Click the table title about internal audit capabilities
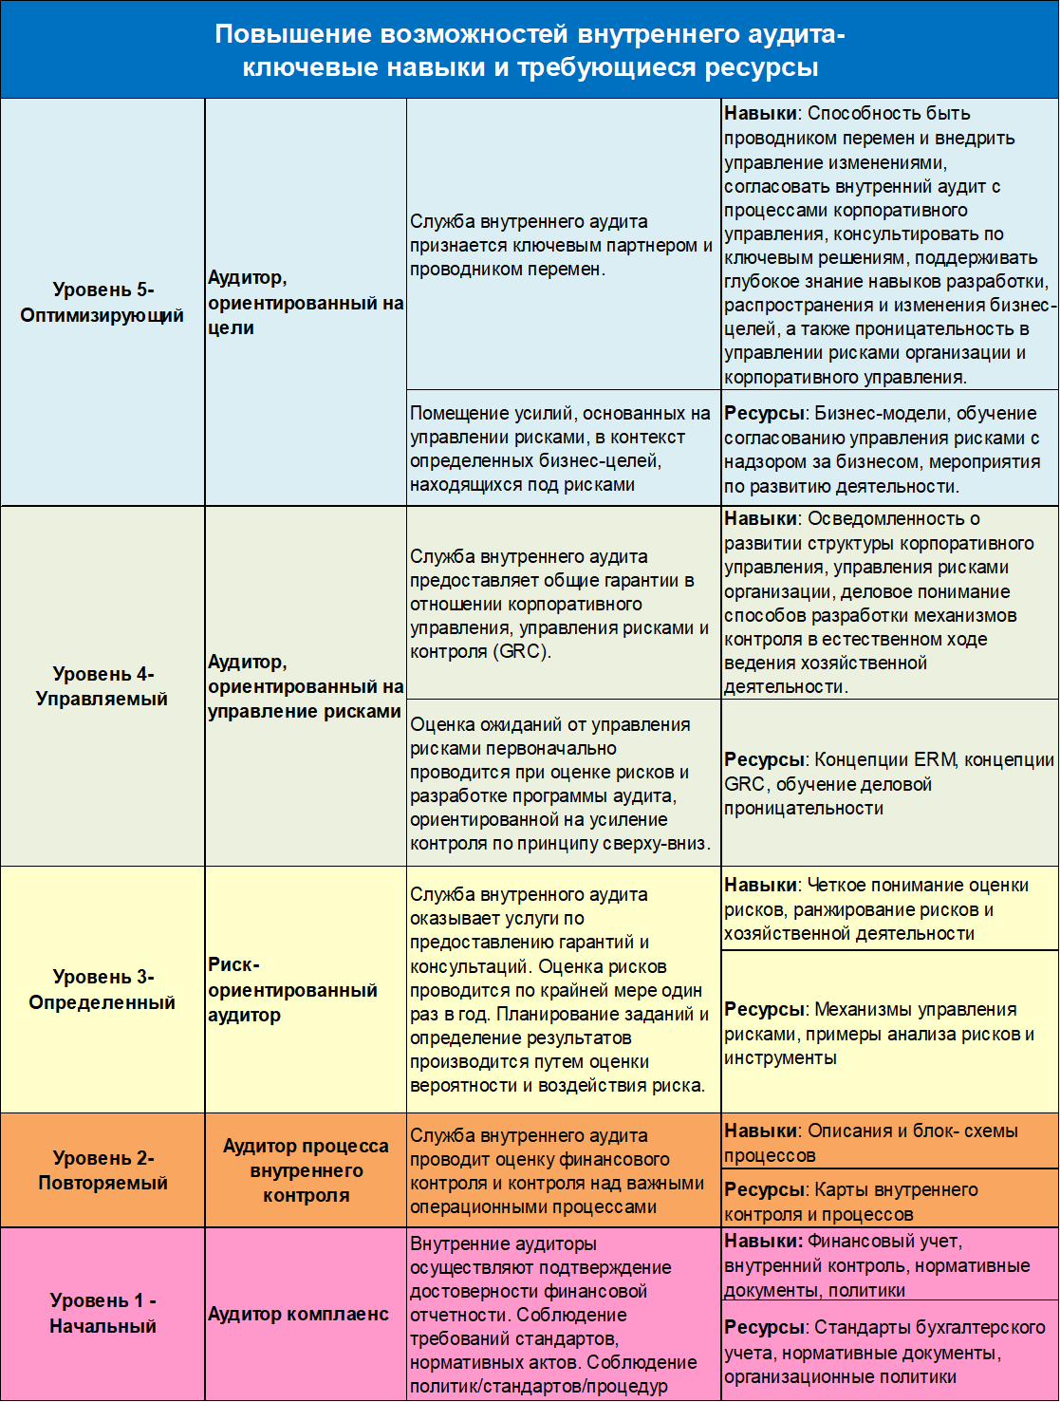pyautogui.click(x=530, y=50)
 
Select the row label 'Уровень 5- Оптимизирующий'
pyautogui.click(x=102, y=303)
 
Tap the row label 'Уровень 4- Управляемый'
pyautogui.click(x=102, y=686)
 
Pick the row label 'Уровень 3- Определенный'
pyautogui.click(x=102, y=989)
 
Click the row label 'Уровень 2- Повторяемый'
pyautogui.click(x=102, y=1170)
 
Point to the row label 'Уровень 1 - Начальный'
pyautogui.click(x=102, y=1314)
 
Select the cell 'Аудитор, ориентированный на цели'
pyautogui.click(x=306, y=303)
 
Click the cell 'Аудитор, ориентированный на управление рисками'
pyautogui.click(x=306, y=686)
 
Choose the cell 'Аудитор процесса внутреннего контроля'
pyautogui.click(x=306, y=1170)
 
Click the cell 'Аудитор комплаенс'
pyautogui.click(x=298, y=1314)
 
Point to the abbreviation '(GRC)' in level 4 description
pyautogui.click(x=520, y=652)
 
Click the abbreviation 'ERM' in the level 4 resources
pyautogui.click(x=935, y=760)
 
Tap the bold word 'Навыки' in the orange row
pyautogui.click(x=760, y=1131)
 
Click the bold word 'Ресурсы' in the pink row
pyautogui.click(x=765, y=1327)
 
